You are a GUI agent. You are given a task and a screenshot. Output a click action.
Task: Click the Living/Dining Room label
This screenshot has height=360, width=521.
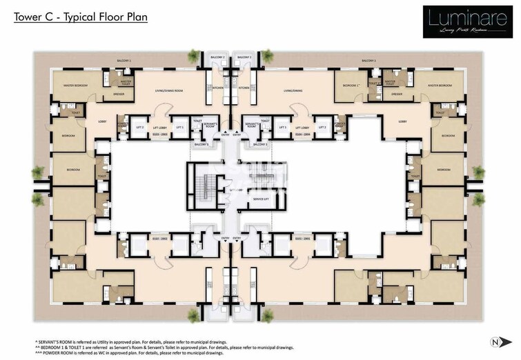[x=168, y=90]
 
